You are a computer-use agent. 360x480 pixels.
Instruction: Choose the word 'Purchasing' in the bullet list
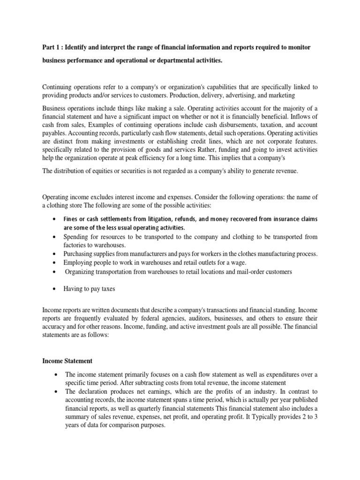pyautogui.click(x=80, y=254)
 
